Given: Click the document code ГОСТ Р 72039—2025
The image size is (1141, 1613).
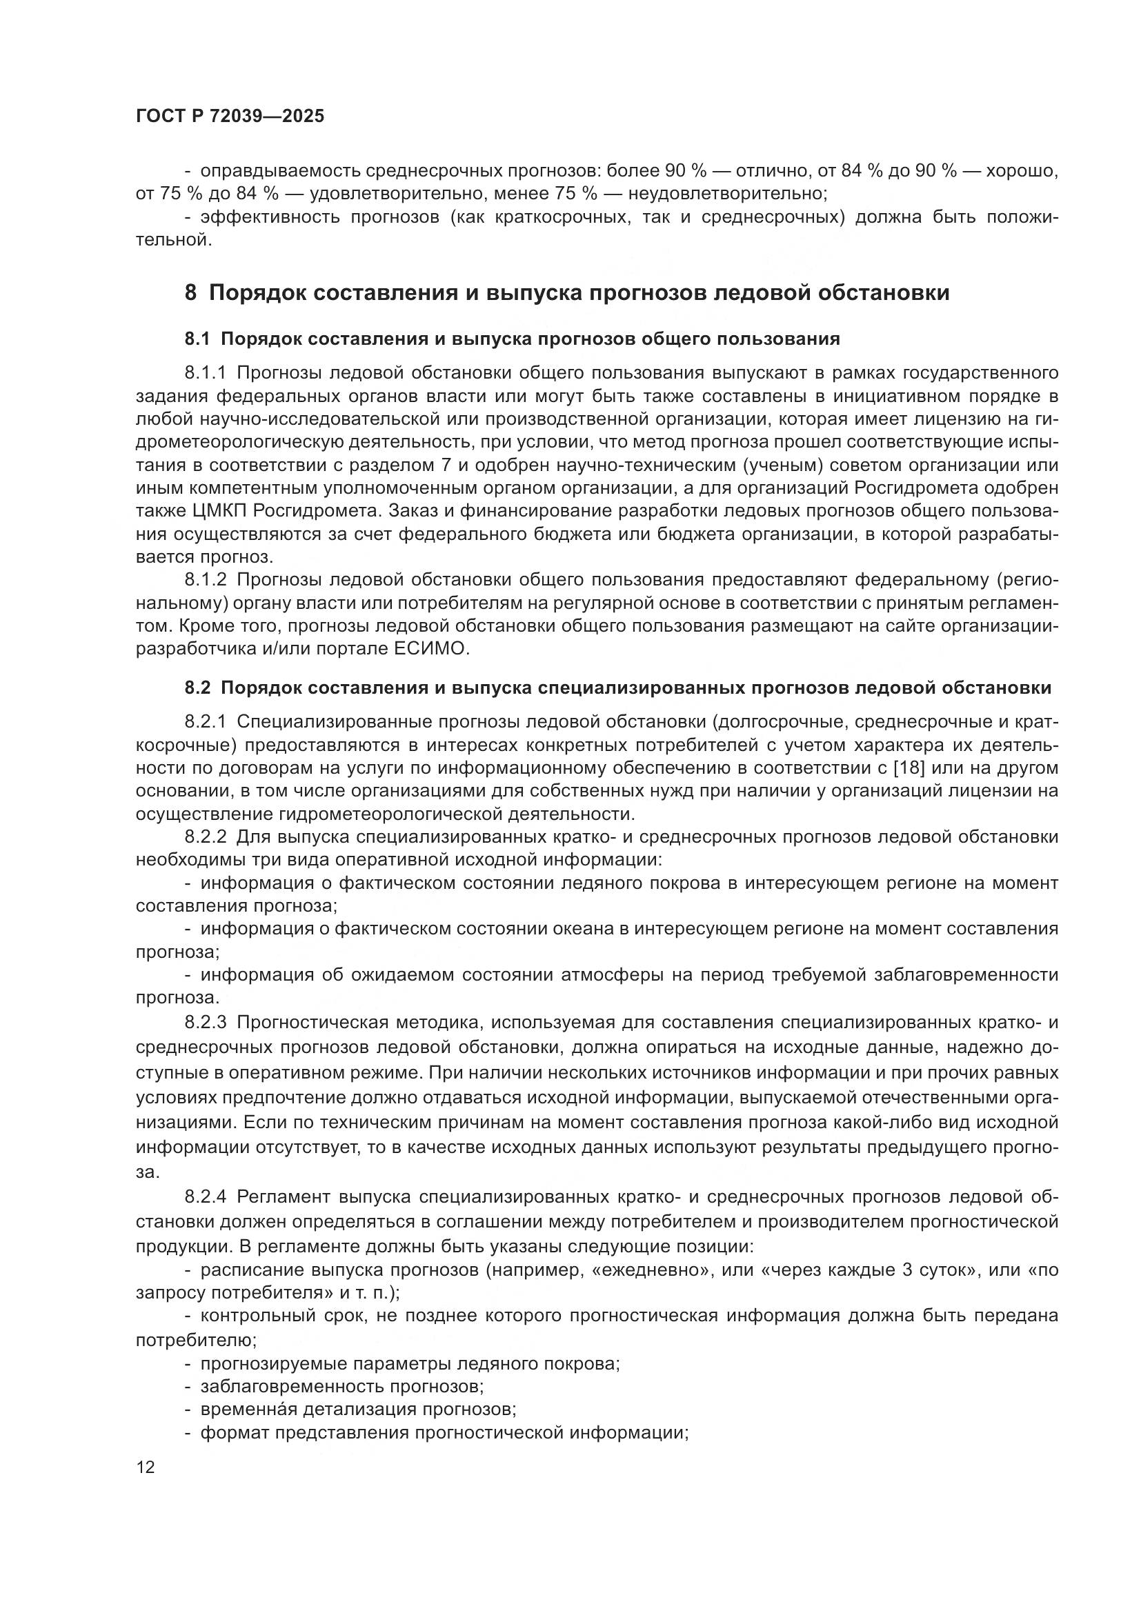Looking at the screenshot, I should pos(230,117).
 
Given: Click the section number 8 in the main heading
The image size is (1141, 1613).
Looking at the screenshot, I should pos(190,292).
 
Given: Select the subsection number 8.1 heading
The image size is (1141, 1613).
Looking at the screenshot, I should pos(197,339).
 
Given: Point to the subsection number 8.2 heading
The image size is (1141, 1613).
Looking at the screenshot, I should pos(197,688).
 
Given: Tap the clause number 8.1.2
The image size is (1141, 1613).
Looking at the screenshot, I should pos(206,579).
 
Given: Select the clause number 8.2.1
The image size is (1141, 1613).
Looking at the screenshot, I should pos(206,721).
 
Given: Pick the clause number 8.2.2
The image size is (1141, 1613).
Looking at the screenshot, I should pos(206,836).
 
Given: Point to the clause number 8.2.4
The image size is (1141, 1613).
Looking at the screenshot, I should pos(206,1196).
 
